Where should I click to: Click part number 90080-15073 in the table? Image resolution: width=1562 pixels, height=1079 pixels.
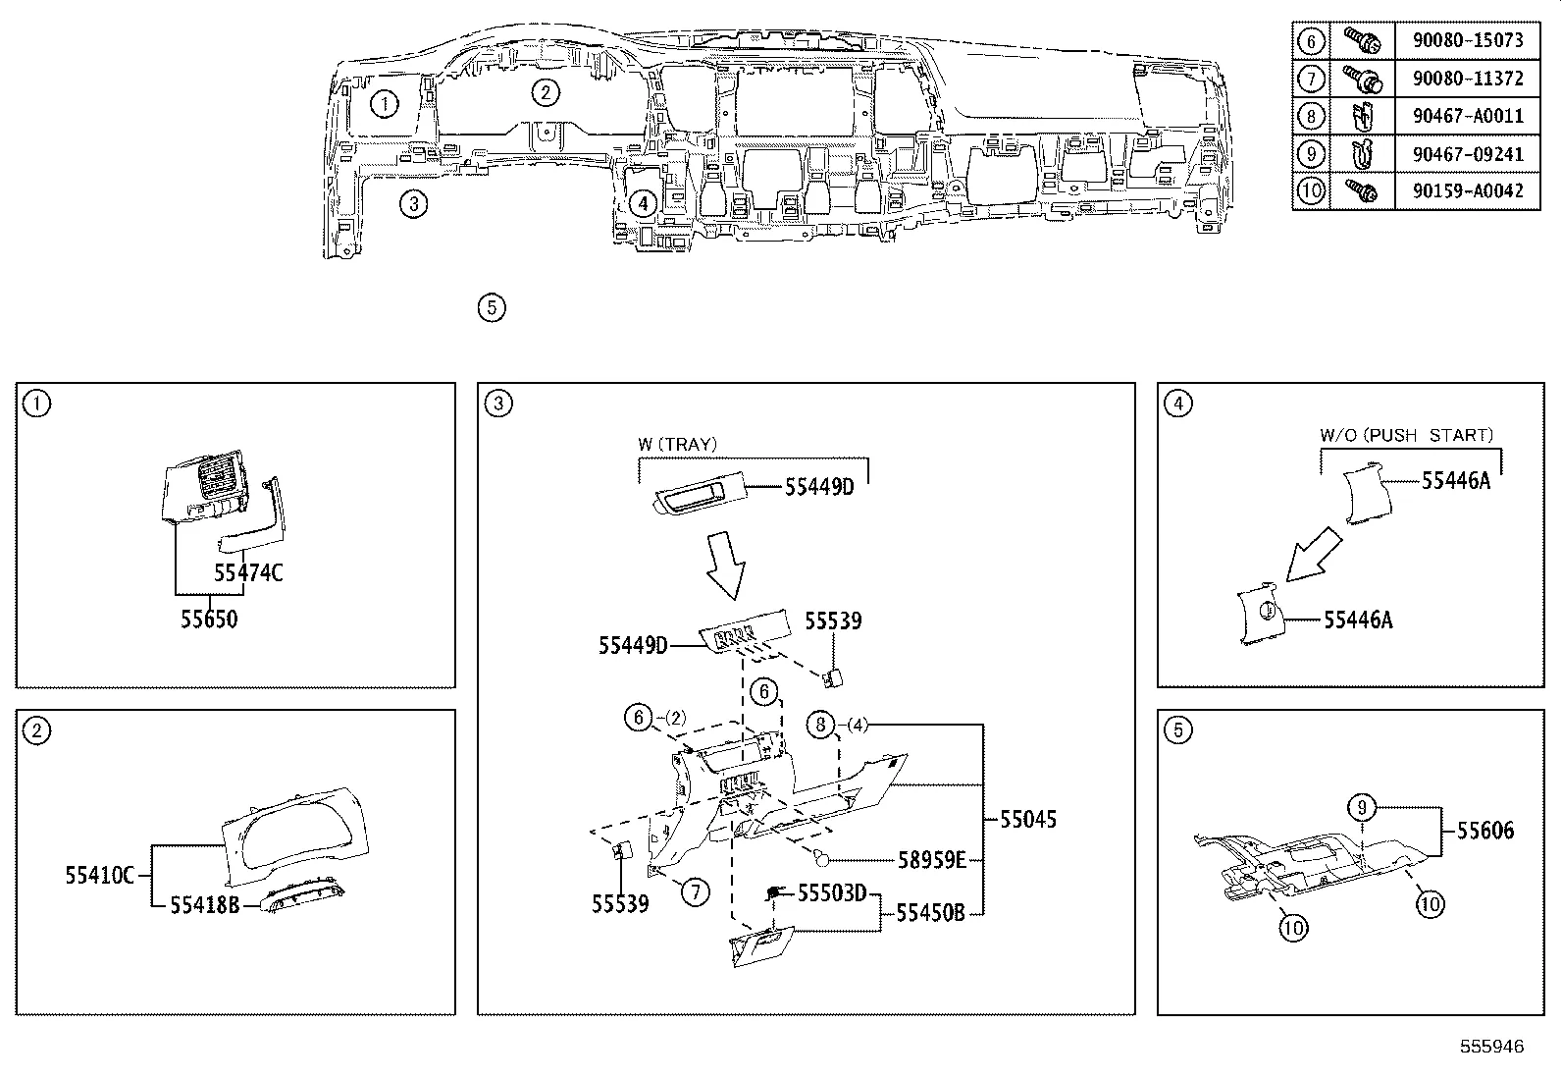(x=1468, y=40)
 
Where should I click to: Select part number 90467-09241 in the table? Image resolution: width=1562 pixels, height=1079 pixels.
(x=1468, y=153)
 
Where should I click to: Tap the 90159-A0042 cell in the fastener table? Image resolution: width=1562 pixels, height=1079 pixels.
(x=1468, y=190)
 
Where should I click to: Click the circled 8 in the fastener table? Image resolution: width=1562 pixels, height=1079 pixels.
(x=1311, y=116)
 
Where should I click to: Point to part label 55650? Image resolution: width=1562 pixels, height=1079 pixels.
(x=209, y=620)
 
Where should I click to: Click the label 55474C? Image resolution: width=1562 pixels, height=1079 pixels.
(x=248, y=572)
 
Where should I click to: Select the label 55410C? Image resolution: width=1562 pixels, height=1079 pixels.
(x=99, y=875)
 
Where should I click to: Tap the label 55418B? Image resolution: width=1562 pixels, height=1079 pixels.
(x=204, y=905)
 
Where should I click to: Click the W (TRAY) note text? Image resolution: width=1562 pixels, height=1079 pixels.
(x=677, y=444)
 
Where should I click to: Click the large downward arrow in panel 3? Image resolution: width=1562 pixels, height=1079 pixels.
(x=725, y=566)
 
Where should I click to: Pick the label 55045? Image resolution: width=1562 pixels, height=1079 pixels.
(x=1028, y=820)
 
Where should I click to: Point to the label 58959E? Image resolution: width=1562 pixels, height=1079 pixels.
(x=932, y=860)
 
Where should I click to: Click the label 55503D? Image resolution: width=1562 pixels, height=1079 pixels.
(x=832, y=892)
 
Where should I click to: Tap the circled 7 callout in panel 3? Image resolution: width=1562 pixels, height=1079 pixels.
(x=695, y=891)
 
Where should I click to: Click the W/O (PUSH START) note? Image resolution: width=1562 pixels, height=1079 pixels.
(x=1406, y=435)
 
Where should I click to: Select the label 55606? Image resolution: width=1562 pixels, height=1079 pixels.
(x=1484, y=831)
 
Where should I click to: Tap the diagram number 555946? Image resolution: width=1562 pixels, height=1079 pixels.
(x=1491, y=1047)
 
